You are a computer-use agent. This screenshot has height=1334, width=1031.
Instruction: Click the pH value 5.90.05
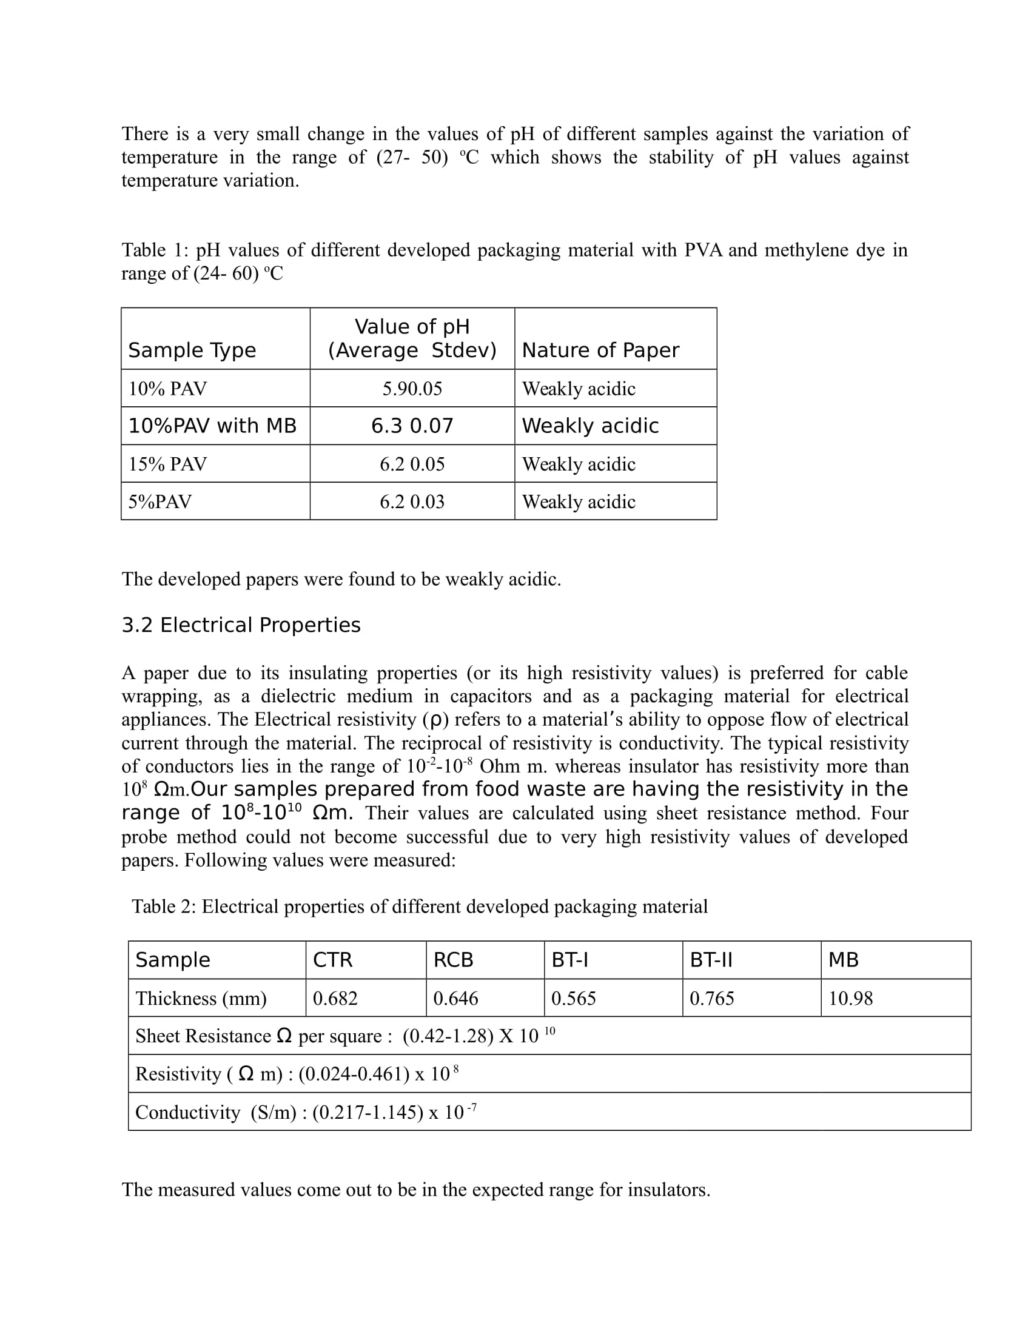click(412, 389)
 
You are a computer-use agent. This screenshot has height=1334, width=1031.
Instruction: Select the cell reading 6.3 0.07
click(412, 426)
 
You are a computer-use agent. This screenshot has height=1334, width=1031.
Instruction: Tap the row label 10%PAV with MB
click(212, 426)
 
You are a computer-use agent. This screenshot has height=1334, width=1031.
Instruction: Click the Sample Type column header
click(192, 350)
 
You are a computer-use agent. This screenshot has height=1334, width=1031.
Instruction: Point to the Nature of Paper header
click(600, 350)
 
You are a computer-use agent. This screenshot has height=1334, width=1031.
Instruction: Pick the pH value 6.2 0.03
click(412, 501)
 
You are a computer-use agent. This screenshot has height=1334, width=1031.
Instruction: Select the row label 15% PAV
click(167, 464)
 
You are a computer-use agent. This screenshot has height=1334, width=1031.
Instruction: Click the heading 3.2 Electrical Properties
click(241, 625)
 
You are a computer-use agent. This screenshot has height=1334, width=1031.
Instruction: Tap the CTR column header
click(332, 960)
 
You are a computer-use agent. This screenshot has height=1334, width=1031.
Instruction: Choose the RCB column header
click(453, 960)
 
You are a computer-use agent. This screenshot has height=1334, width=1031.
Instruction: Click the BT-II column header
click(711, 960)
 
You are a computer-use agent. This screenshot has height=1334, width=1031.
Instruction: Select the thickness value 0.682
click(335, 998)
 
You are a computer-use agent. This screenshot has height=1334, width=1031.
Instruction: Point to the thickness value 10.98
click(850, 998)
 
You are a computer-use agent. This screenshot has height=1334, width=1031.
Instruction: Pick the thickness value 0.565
click(574, 998)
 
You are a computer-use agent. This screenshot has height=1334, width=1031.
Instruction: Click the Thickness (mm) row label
click(201, 998)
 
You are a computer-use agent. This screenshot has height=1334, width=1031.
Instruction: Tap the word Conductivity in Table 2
click(187, 1112)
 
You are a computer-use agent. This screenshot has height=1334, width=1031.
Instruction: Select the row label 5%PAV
click(160, 501)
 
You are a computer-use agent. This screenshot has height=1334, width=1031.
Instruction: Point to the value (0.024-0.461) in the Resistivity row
click(354, 1074)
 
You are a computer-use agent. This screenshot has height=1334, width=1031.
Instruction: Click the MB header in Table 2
click(843, 960)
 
